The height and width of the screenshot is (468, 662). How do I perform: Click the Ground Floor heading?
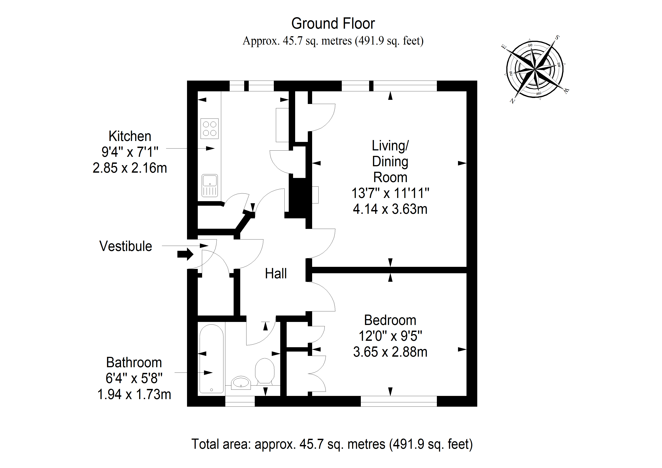pos(333,23)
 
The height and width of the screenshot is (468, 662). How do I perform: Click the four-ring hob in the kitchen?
pos(210,129)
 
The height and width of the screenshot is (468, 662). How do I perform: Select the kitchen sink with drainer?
pos(210,186)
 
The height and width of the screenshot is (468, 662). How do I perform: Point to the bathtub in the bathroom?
pos(212,359)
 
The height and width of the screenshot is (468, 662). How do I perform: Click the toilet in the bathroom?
pos(265,371)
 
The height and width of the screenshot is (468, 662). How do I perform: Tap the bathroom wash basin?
pos(241,383)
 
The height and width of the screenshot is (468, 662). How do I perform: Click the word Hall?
pos(276,273)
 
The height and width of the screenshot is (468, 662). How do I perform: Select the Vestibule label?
pos(126,246)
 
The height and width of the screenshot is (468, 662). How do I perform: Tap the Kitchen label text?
pos(130,136)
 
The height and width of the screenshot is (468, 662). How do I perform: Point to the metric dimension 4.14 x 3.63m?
pos(390,209)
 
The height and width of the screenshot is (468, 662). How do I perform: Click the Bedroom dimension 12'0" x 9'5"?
pos(390,336)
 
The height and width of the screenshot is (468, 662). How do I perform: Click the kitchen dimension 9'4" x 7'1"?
pos(130,152)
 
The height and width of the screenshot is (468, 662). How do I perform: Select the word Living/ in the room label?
pos(390,146)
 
